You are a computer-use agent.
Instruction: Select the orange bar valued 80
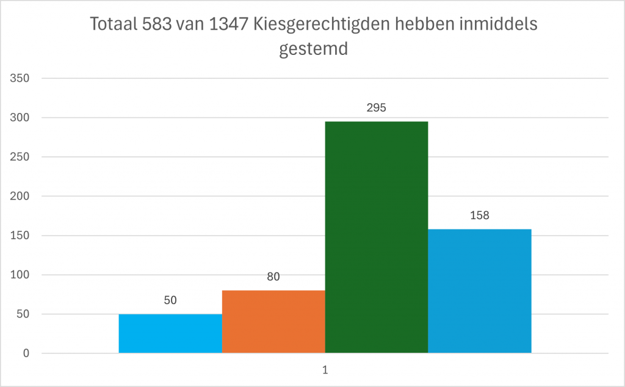click(x=273, y=322)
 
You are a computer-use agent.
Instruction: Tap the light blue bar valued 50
click(x=170, y=333)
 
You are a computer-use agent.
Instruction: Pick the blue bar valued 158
click(x=479, y=291)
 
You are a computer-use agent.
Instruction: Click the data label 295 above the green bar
click(x=376, y=108)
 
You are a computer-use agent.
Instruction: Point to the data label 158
click(x=479, y=215)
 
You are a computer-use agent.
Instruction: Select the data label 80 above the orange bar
click(x=273, y=277)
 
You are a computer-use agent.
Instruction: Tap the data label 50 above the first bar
click(x=170, y=300)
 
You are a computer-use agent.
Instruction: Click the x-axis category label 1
click(x=325, y=370)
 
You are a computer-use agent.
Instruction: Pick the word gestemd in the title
click(x=313, y=49)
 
